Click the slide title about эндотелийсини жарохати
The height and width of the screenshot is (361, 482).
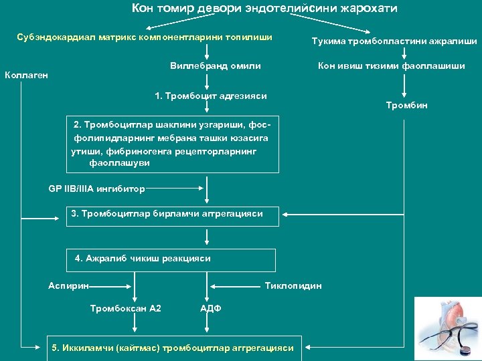pos(264,9)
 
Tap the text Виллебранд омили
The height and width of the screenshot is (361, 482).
pos(215,66)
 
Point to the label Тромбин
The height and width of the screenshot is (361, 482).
pos(406,105)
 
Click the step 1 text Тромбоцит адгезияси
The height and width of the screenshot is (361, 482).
pos(210,96)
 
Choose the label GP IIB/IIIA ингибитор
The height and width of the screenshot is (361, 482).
pos(96,189)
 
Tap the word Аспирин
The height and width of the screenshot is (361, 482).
pos(68,285)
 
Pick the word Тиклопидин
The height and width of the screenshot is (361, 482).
pos(293,285)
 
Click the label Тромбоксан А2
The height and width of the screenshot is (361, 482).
pos(125,308)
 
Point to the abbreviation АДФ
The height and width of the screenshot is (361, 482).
pos(211,308)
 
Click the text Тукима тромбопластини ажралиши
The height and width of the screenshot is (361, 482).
pos(394,41)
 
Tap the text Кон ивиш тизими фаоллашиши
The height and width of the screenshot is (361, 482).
pos(392,66)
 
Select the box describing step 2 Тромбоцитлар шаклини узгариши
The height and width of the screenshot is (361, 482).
pos(172,144)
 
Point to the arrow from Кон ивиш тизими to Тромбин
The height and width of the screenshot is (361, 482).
pos(404,86)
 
